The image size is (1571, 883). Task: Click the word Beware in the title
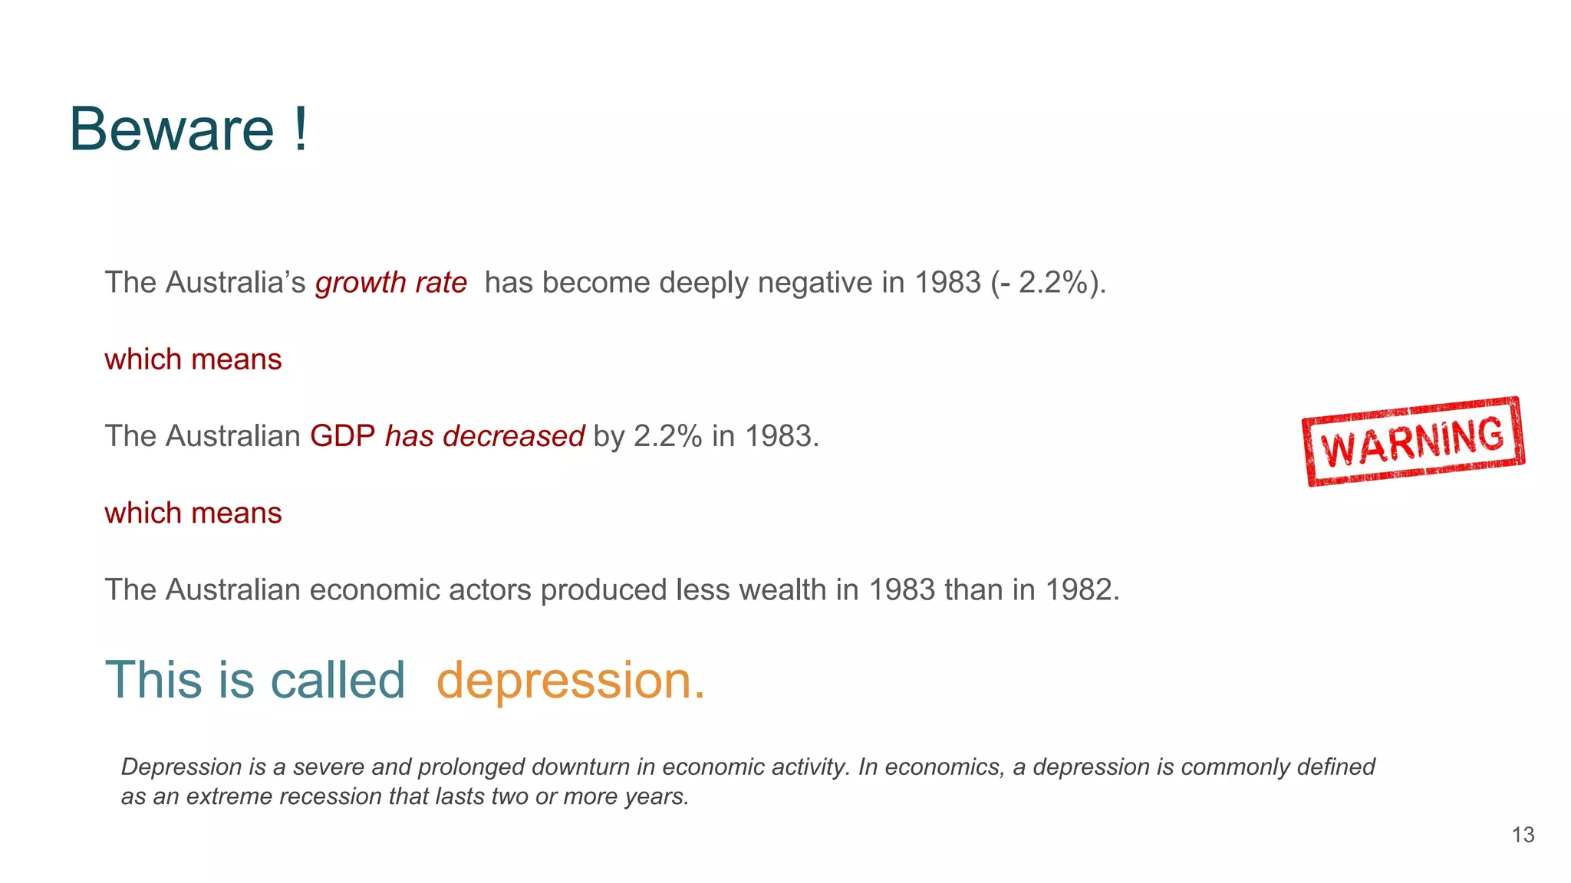coord(171,130)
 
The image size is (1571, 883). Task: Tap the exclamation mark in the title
coord(300,130)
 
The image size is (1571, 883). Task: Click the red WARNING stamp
coord(1413,441)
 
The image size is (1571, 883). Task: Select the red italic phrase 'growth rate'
coord(390,283)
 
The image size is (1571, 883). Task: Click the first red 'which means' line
coord(193,359)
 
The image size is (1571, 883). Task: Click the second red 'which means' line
coord(193,513)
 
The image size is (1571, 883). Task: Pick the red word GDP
coord(342,436)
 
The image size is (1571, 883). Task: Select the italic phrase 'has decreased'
coord(484,436)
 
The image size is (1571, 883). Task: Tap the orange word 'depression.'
coord(570,680)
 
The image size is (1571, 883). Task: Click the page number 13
coord(1523,835)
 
